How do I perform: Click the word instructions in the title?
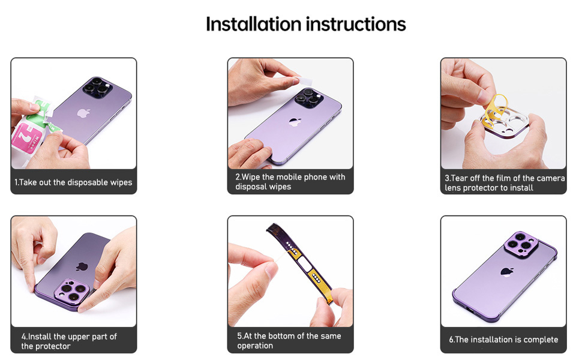coord(356,24)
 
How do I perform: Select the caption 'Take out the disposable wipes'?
coord(73,182)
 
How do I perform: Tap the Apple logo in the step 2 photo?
coord(293,122)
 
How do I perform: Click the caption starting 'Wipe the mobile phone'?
coord(290,182)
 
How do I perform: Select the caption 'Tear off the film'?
coord(504,183)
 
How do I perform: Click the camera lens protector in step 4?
coord(73,293)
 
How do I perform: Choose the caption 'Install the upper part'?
coord(69,341)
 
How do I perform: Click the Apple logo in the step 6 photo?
coord(507,271)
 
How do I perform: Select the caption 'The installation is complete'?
coord(503,340)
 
